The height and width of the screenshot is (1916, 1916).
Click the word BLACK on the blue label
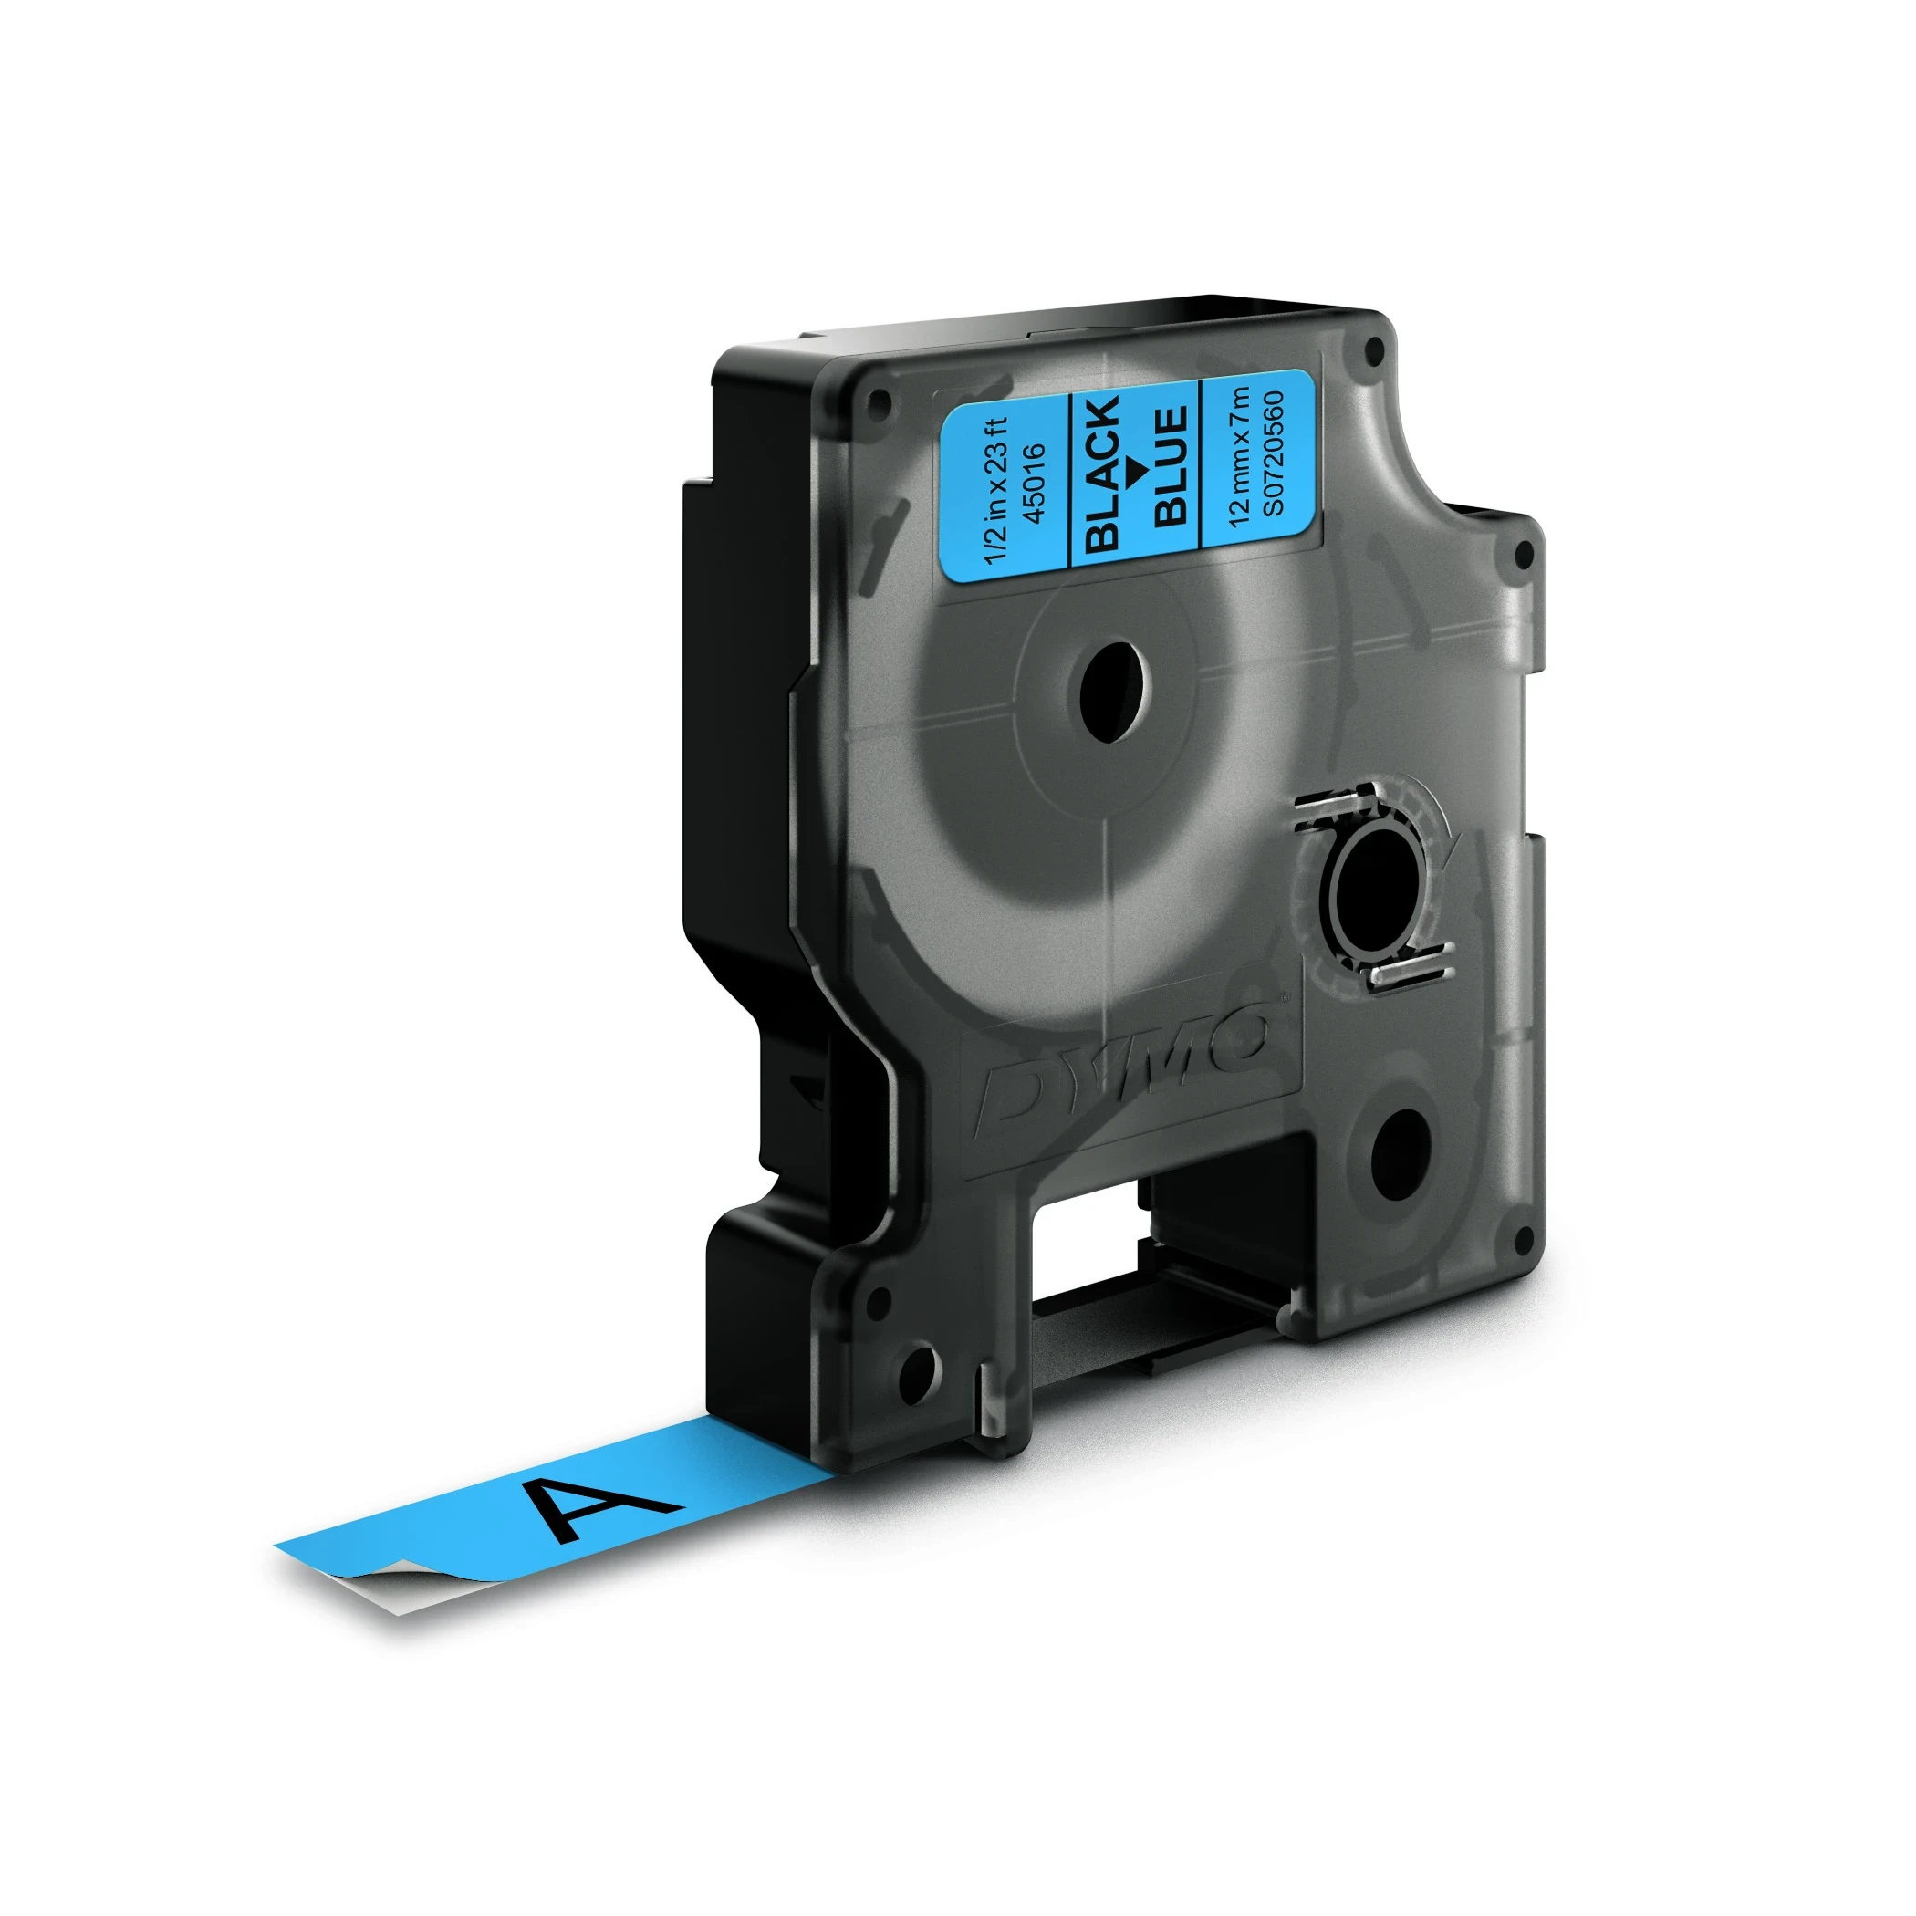[x=1103, y=474]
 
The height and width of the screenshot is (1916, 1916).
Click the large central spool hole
[x=1109, y=691]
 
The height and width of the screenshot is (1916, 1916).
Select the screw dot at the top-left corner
[x=876, y=400]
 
